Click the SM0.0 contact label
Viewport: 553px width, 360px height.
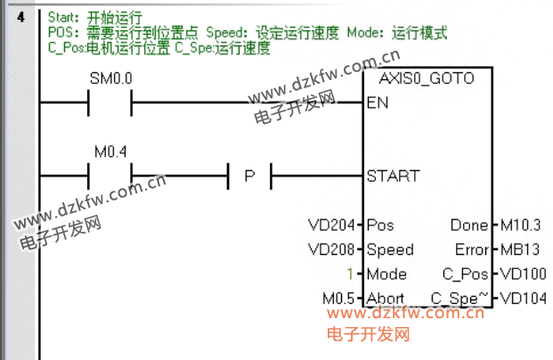pyautogui.click(x=110, y=78)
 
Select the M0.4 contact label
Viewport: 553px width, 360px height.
pyautogui.click(x=110, y=151)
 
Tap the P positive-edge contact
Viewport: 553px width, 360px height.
pyautogui.click(x=249, y=176)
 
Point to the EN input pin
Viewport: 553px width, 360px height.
pyautogui.click(x=378, y=102)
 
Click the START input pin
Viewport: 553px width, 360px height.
pyautogui.click(x=392, y=176)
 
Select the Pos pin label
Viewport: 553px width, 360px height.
pyautogui.click(x=380, y=225)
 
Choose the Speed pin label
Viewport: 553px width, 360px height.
pyautogui.click(x=389, y=250)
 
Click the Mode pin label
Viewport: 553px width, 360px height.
pyautogui.click(x=387, y=274)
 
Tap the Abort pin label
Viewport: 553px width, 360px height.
pyautogui.click(x=386, y=299)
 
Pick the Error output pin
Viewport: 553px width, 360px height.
pyautogui.click(x=471, y=250)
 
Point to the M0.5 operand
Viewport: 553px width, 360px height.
pyautogui.click(x=338, y=299)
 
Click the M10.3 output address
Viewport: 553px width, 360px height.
pyautogui.click(x=521, y=225)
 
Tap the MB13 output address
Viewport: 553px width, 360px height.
pyautogui.click(x=517, y=250)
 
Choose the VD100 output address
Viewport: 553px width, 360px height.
pyautogui.click(x=523, y=274)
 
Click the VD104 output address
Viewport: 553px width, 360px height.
pyautogui.click(x=523, y=299)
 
